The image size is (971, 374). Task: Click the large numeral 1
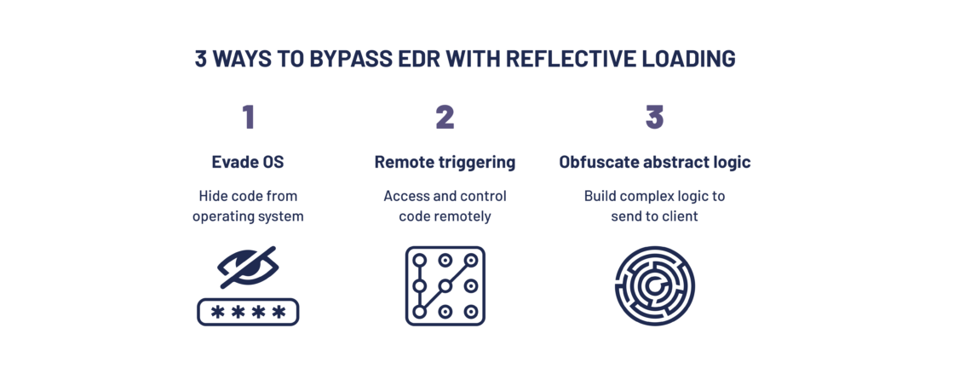point(248,117)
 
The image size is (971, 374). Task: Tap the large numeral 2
point(445,117)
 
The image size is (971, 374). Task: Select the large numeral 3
point(654,117)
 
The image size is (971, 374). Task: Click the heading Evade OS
point(248,162)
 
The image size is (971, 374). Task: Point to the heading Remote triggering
point(445,162)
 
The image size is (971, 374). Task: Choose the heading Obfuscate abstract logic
point(654,162)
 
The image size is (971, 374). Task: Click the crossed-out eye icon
point(248,268)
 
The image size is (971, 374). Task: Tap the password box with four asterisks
point(248,312)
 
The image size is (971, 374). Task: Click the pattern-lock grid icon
point(445,286)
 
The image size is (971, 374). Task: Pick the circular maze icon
point(654,286)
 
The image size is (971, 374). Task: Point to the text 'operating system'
point(248,216)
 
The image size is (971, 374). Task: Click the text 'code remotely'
point(445,216)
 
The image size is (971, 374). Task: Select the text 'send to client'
point(654,216)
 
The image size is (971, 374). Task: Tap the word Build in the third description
point(600,196)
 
